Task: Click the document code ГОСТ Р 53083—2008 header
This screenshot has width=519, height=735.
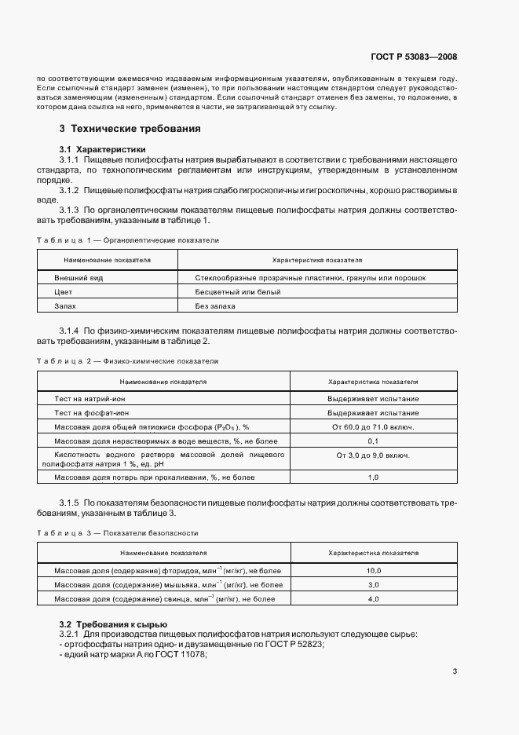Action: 413,57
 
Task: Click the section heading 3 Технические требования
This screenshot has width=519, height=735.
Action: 130,128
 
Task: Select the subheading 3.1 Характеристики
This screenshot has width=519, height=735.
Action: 102,149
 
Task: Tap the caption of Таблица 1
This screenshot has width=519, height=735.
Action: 128,240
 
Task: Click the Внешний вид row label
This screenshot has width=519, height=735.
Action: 79,278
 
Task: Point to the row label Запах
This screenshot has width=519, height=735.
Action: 65,306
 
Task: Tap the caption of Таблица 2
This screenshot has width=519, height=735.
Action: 128,360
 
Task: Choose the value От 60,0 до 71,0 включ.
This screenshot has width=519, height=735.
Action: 373,427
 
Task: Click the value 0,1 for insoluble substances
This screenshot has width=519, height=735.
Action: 373,441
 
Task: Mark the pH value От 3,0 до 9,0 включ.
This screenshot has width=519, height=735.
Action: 373,455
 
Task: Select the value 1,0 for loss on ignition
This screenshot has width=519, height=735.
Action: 373,477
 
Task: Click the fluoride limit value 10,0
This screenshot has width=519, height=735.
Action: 373,571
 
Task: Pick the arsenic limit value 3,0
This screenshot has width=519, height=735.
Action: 373,585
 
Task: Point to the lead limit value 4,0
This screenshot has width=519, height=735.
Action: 373,599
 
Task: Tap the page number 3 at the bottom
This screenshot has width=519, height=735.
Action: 455,671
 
